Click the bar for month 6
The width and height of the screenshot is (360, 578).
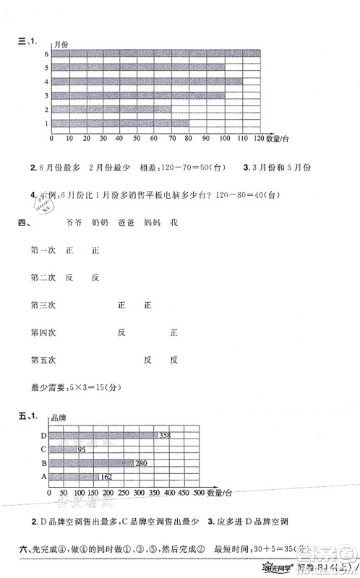(155, 53)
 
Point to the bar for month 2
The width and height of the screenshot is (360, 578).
(111, 109)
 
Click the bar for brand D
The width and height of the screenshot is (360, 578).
(101, 435)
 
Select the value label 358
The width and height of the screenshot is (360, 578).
(165, 435)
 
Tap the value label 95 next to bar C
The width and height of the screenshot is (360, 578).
(82, 449)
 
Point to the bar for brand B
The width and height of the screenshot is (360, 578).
(90, 462)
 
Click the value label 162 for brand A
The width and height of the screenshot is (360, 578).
(106, 476)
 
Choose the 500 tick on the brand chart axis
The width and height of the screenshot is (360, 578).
(199, 492)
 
